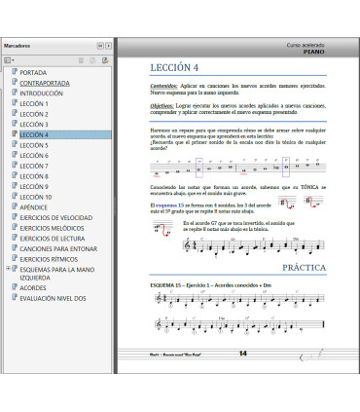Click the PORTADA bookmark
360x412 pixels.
pos(33,73)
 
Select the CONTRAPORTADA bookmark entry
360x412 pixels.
pos(44,84)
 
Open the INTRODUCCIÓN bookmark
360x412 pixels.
pos(41,94)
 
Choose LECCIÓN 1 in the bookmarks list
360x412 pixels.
pos(34,104)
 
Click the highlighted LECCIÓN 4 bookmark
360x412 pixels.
pos(34,134)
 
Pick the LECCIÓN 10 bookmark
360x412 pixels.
pos(36,197)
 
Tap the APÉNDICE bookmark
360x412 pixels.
pos(35,207)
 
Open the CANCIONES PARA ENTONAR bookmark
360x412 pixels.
pos(57,248)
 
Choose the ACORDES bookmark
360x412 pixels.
pos(33,288)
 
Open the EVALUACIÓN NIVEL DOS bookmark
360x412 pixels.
pos(54,299)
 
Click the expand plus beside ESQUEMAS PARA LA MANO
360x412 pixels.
pos(8,269)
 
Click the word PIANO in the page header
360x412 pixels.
pos(314,51)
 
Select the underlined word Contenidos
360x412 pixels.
pos(157,86)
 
